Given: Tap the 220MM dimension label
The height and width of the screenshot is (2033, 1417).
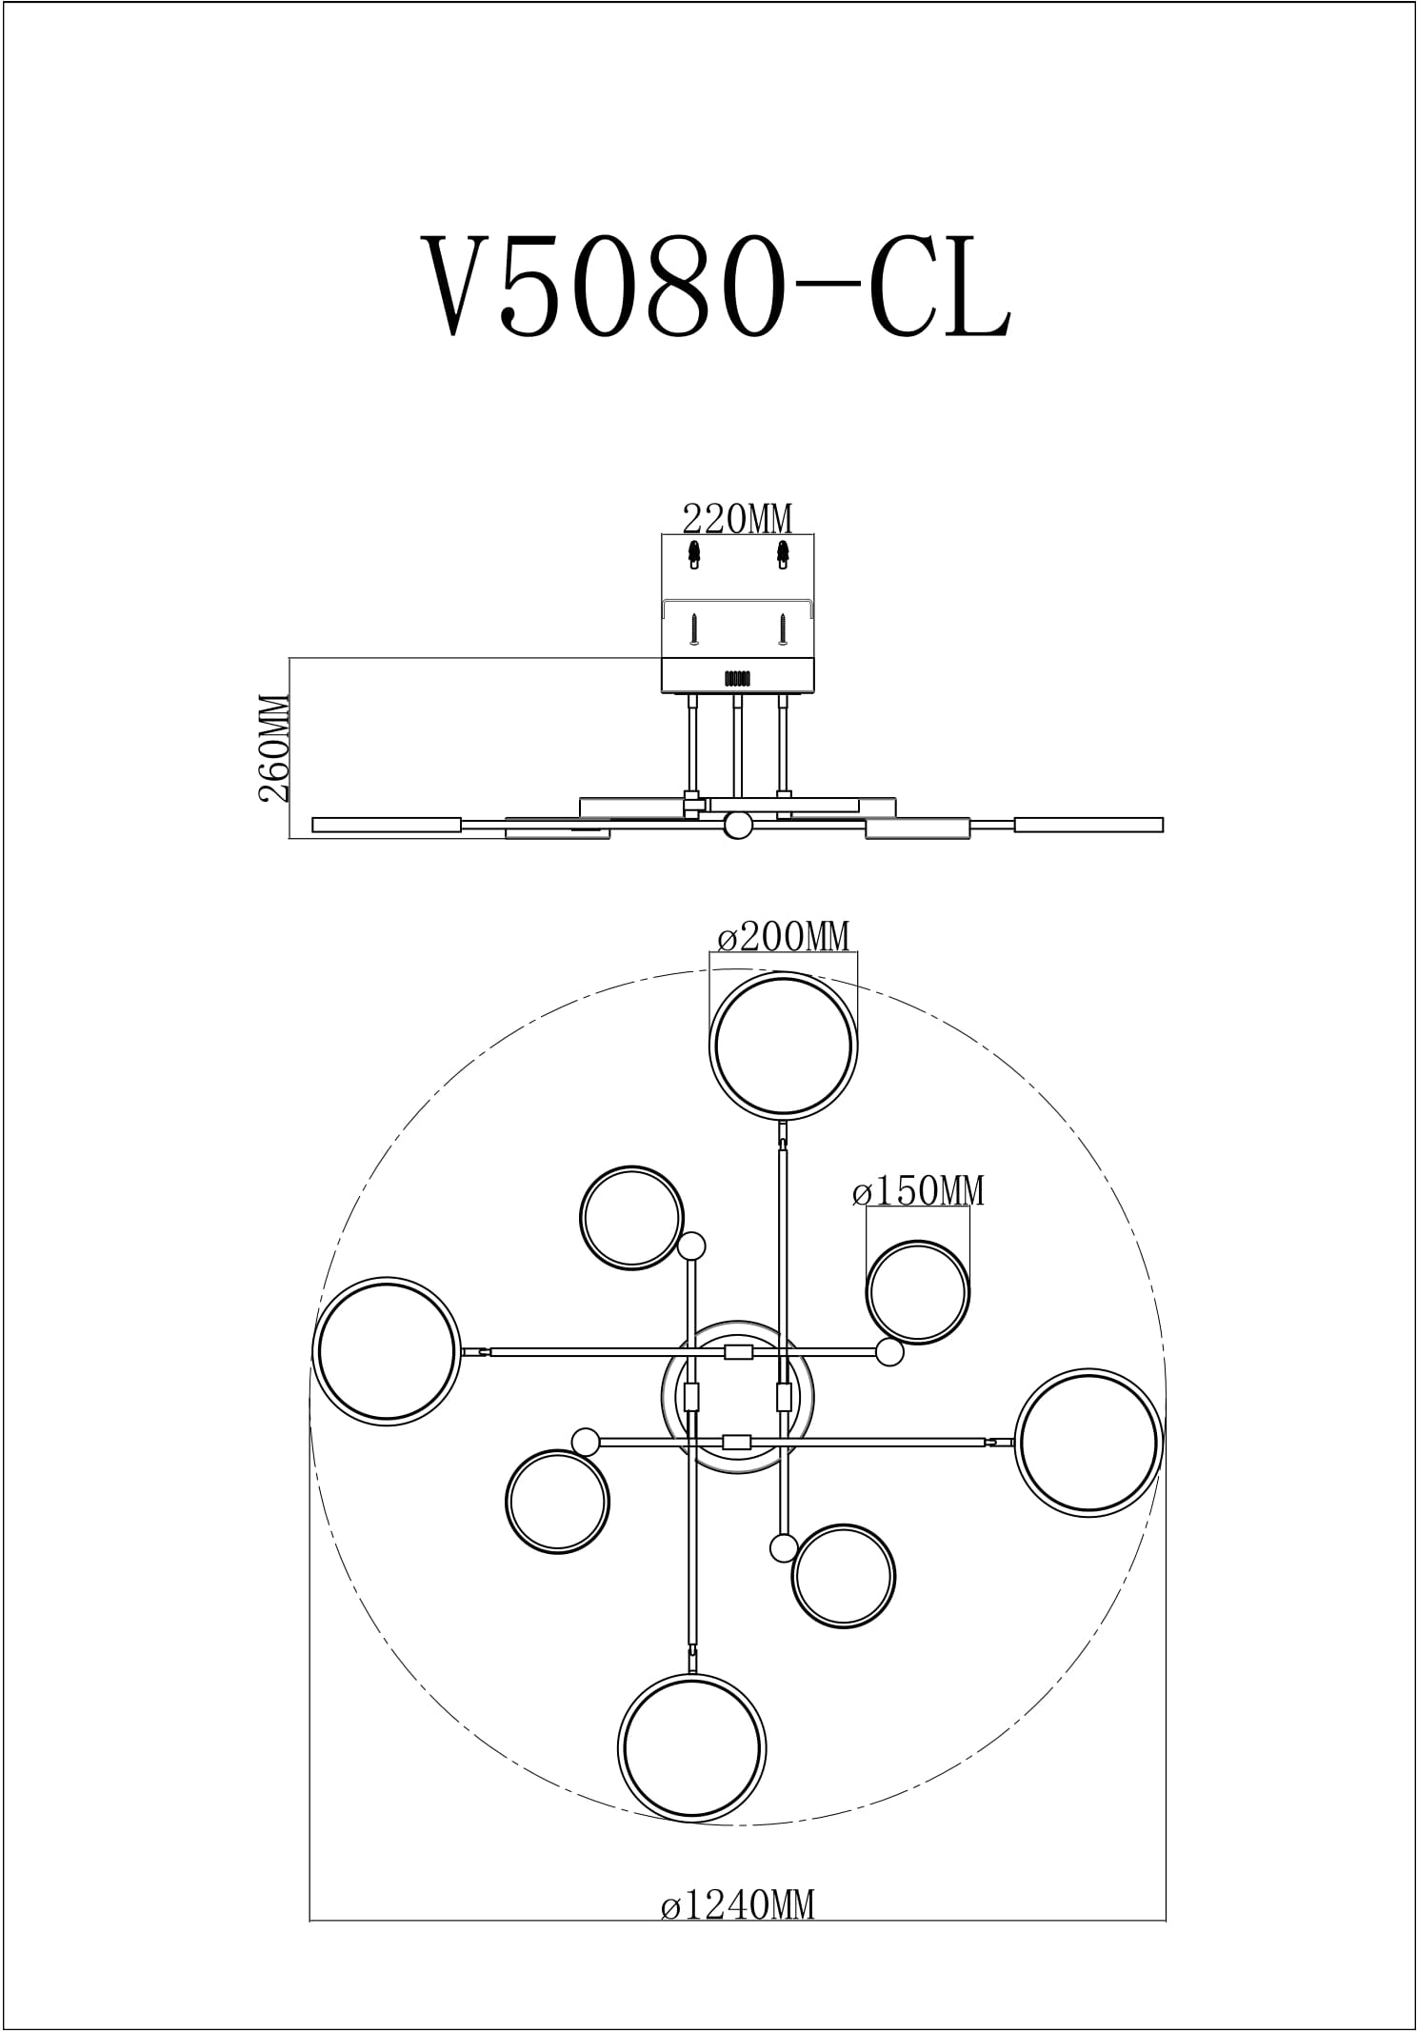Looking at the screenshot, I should pos(737,519).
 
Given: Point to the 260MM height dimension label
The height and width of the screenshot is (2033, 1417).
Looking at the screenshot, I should pos(274,747).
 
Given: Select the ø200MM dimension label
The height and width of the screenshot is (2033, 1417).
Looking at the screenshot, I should pos(784,937).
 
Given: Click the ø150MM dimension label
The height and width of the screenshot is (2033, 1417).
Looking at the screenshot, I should pos(918,1190).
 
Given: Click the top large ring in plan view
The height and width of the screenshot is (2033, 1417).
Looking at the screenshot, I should pos(784,1045).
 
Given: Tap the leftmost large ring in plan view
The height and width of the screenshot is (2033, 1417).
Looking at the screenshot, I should pos(387,1351).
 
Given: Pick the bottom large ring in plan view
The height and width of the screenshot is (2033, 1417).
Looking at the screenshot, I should pos(692,1748).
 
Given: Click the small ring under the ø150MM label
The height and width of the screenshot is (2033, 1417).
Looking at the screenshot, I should pos(918,1292).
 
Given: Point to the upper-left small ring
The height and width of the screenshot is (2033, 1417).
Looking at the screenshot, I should pos(632,1218).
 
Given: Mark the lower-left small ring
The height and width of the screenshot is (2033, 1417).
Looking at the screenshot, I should pos(557,1502).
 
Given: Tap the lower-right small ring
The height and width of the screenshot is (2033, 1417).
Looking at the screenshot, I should pos(844,1576).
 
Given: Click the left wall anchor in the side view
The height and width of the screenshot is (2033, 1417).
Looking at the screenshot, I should pos(693,553).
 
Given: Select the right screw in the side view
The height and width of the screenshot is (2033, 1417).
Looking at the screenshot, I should pos(781,628).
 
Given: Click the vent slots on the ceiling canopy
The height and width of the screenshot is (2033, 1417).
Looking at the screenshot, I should pos(737,679).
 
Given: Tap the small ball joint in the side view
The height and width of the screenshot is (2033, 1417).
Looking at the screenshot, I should pos(737,825).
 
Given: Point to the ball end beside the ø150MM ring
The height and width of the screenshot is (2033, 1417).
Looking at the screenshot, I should pos(890,1352).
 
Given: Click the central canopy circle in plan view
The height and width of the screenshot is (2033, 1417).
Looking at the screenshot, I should pos(738,1398).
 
